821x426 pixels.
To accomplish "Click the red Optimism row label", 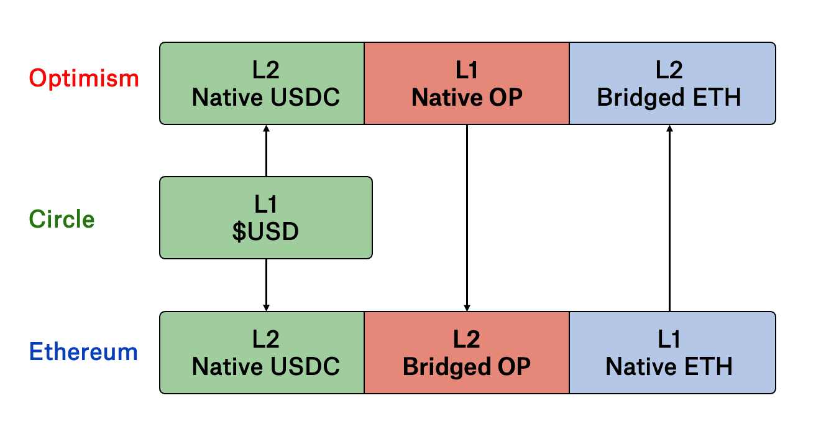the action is (84, 78).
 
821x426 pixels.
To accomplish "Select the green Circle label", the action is (62, 220).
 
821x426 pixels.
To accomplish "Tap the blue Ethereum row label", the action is (83, 351).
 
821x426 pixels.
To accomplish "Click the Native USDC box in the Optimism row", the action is (262, 83).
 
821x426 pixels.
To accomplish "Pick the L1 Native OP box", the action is (467, 83).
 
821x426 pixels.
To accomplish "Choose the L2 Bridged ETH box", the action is (672, 83).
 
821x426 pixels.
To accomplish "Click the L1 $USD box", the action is (266, 218).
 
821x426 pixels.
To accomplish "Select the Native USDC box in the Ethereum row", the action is (262, 353).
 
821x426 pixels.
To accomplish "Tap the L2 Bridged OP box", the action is (467, 353).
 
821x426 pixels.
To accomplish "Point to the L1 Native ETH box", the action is (672, 353).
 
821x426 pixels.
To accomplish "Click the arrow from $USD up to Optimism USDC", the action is (267, 150).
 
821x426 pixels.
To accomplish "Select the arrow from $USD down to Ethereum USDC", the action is (267, 285).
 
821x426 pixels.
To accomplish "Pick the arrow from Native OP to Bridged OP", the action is (467, 218).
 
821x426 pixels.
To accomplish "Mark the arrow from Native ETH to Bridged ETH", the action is (669, 218).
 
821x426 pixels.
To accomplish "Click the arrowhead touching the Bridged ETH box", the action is (669, 128).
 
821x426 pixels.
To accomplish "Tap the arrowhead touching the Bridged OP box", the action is (467, 308).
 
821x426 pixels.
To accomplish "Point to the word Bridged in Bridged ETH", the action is (641, 98).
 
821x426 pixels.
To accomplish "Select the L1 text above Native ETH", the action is (669, 339).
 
